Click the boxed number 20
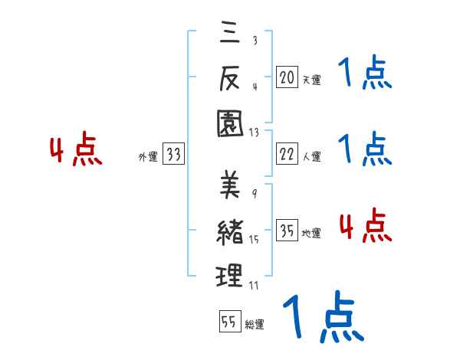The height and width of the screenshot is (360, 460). tap(287, 77)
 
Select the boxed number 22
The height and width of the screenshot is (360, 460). tap(287, 154)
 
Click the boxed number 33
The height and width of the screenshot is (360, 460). tap(173, 154)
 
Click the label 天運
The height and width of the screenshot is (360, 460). tap(311, 79)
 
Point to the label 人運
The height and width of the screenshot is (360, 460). tap(311, 156)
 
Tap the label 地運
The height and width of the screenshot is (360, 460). tap(311, 234)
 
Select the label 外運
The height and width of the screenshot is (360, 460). tap(148, 156)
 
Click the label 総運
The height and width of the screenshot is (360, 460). tap(255, 324)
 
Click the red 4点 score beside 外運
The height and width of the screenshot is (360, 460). tap(76, 150)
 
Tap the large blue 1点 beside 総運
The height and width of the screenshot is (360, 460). tap(323, 316)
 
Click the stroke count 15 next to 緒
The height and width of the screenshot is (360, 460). tap(254, 240)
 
